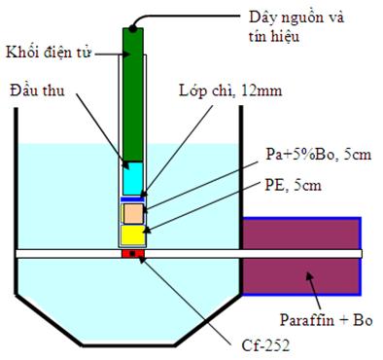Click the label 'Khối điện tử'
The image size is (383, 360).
tap(49, 53)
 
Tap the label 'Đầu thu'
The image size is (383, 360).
tap(37, 90)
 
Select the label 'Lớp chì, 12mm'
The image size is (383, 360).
tap(230, 91)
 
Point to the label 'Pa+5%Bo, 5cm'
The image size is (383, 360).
tap(318, 155)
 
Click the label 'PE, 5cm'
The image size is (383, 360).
tap(294, 186)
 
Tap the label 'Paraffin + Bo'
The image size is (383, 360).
tap(326, 320)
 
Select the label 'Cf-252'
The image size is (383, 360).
tap(265, 345)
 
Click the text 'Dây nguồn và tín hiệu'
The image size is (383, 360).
tap(296, 26)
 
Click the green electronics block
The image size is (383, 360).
tap(133, 94)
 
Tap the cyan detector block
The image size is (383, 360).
tap(133, 178)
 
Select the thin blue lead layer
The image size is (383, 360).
tap(132, 198)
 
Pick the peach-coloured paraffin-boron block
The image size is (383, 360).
tap(133, 214)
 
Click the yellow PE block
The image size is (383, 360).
tap(133, 234)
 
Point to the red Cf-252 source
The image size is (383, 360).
tap(133, 253)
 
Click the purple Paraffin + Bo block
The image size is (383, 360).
tap(301, 256)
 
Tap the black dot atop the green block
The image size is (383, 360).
tap(132, 28)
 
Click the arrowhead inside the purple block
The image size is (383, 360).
tap(309, 276)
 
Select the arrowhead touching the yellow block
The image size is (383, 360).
tap(147, 230)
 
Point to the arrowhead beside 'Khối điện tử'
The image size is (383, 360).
tap(127, 54)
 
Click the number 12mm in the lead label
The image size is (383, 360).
tap(261, 91)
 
